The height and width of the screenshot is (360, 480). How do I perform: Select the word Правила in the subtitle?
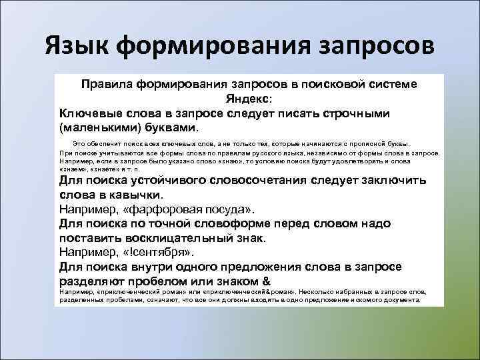tap(107, 85)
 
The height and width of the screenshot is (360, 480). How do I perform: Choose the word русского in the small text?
tap(240, 153)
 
